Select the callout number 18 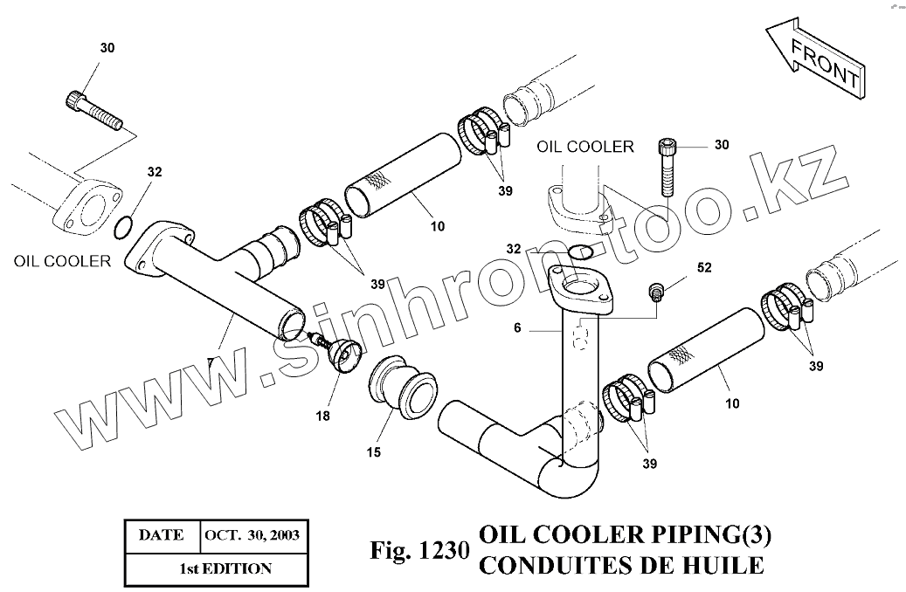tap(323, 416)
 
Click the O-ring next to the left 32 tap(124, 229)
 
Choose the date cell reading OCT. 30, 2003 tap(252, 534)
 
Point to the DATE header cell tap(163, 534)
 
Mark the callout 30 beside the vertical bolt tap(721, 145)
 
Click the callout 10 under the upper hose tap(437, 226)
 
